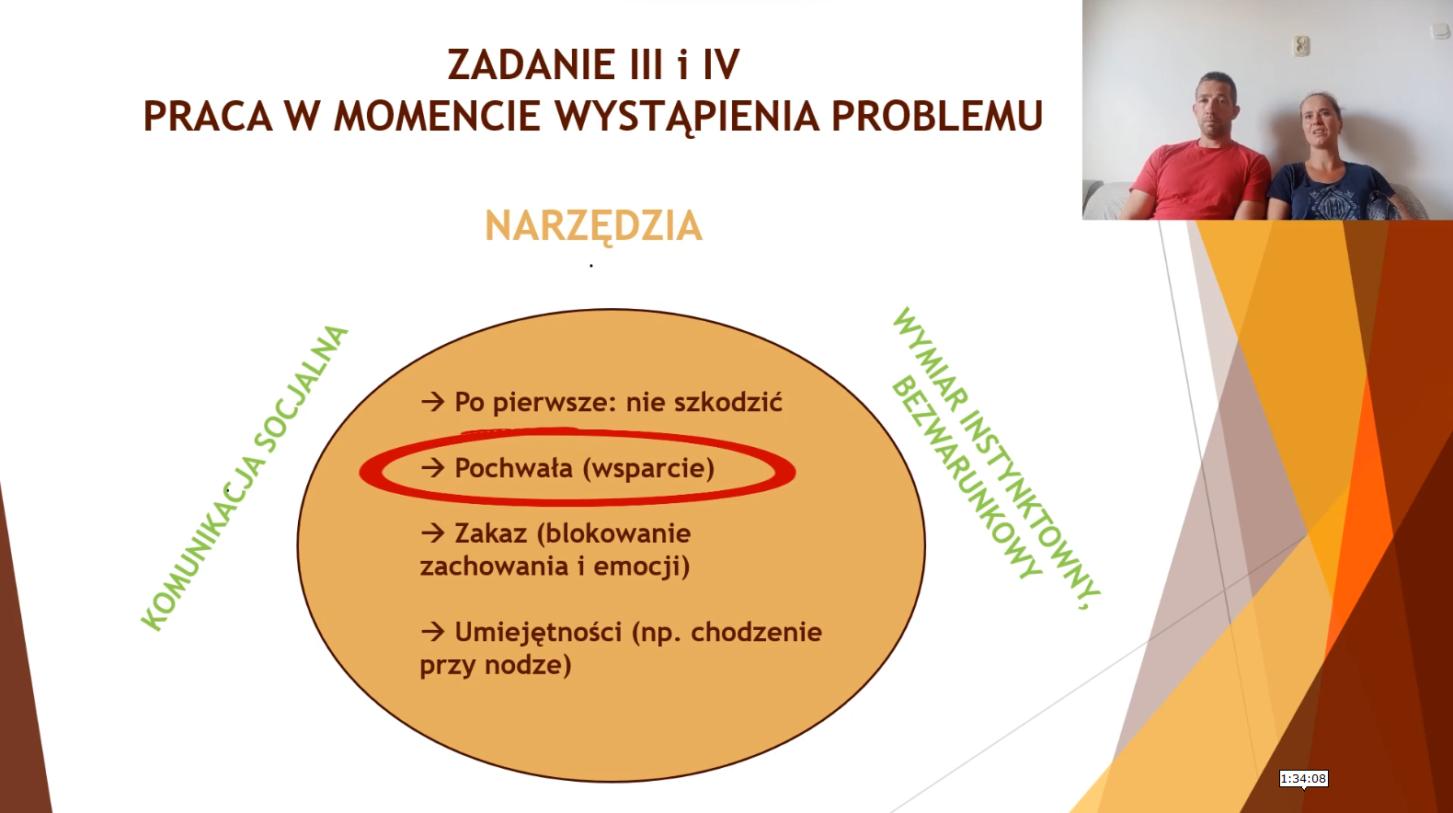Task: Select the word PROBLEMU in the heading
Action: pyautogui.click(x=937, y=116)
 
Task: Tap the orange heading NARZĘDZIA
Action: pyautogui.click(x=593, y=226)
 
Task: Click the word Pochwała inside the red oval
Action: pyautogui.click(x=514, y=468)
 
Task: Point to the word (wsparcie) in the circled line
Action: pyautogui.click(x=648, y=469)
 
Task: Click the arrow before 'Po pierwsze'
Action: pyautogui.click(x=432, y=402)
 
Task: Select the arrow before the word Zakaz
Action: pyautogui.click(x=432, y=533)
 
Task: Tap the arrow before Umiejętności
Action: pyautogui.click(x=432, y=631)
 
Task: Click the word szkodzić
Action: pyautogui.click(x=728, y=402)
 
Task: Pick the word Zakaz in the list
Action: pyautogui.click(x=490, y=533)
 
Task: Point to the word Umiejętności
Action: pyautogui.click(x=538, y=632)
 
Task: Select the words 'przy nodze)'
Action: pyautogui.click(x=496, y=665)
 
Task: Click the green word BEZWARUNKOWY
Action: pyautogui.click(x=967, y=478)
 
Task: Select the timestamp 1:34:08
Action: pyautogui.click(x=1303, y=779)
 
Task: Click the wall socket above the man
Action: pyautogui.click(x=1301, y=45)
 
